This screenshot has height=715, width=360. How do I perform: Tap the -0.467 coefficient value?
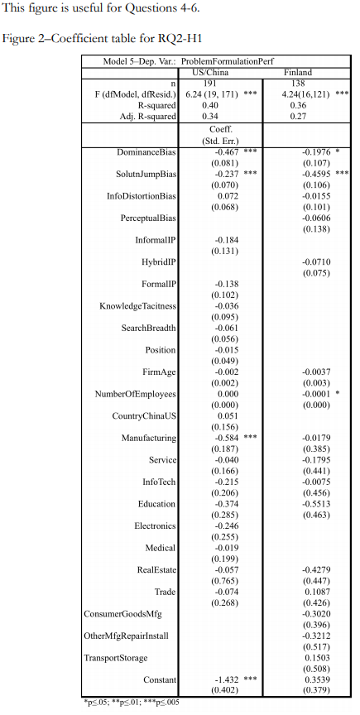pos(226,153)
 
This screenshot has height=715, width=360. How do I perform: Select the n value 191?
pos(211,84)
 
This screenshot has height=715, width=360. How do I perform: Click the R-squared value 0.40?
pos(212,105)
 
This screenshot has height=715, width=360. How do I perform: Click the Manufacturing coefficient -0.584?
pos(226,437)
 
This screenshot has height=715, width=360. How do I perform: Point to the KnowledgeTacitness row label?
pos(137,306)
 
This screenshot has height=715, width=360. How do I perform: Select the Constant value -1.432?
pos(226,679)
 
